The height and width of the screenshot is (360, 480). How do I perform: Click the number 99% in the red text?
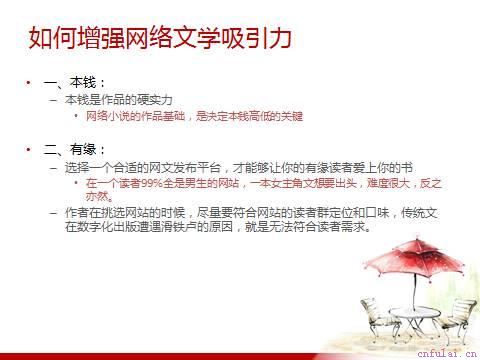(x=153, y=183)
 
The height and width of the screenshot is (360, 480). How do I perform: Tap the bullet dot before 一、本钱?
(x=29, y=82)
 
